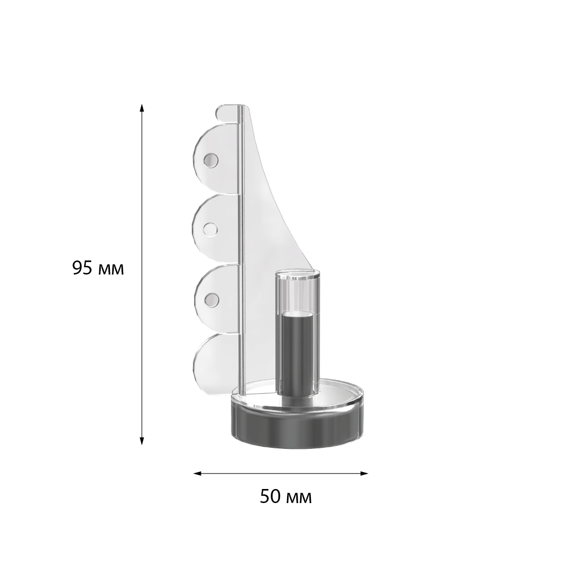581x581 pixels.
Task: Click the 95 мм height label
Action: pos(98,268)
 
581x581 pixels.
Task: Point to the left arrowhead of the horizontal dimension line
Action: pos(198,474)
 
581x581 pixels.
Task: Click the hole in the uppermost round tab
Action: pos(211,160)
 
